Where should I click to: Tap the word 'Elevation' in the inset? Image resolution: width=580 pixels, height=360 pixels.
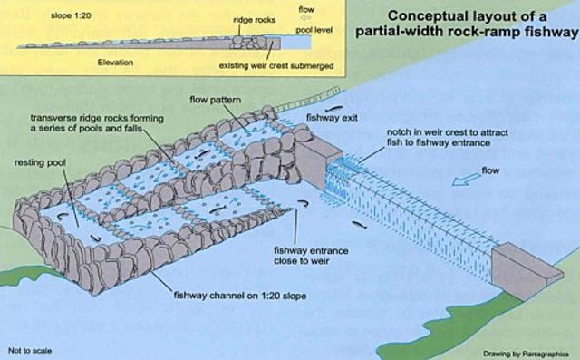115,63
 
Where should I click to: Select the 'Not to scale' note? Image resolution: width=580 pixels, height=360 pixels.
27,349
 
